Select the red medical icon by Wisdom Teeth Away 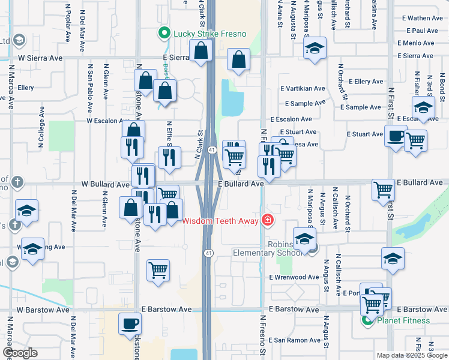click(x=267, y=221)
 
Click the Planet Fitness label click(x=403, y=320)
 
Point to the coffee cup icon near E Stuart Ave click(x=395, y=137)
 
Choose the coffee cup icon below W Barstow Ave click(x=130, y=325)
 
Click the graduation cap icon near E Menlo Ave click(x=314, y=49)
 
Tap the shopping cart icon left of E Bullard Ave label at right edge click(x=383, y=190)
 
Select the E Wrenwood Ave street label click(x=294, y=277)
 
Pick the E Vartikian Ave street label click(x=303, y=89)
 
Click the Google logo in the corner click(x=20, y=352)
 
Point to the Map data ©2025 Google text click(x=411, y=355)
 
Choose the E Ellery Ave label click(x=366, y=82)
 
